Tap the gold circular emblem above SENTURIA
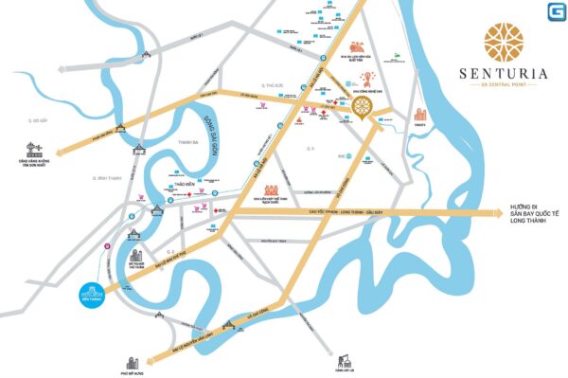(x=505, y=37)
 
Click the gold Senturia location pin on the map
(x=364, y=106)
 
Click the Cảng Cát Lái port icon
(x=345, y=361)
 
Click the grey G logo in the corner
(x=551, y=11)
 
